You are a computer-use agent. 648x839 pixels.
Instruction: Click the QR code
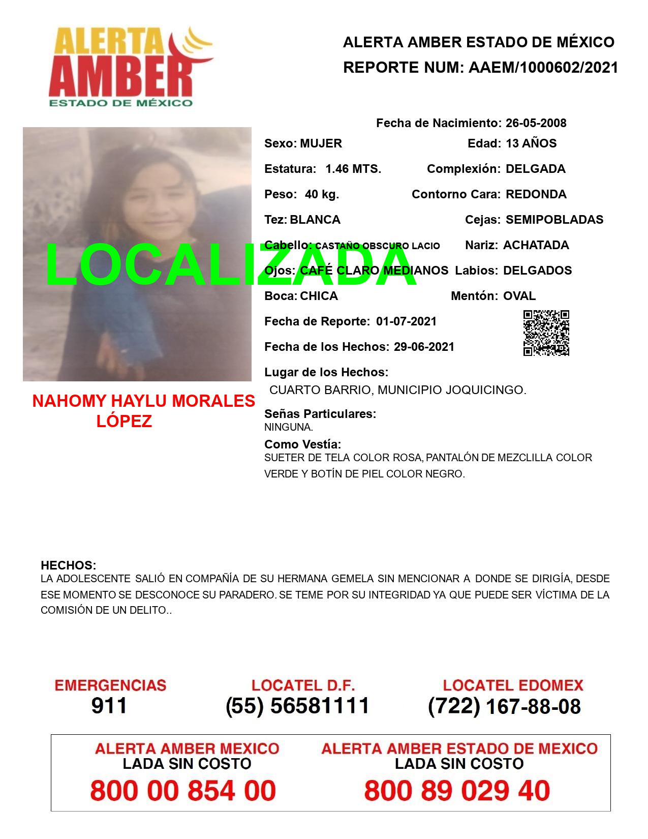(546, 333)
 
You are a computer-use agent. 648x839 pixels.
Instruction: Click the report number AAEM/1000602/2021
(543, 68)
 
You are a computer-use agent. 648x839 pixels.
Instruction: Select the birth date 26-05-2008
(536, 123)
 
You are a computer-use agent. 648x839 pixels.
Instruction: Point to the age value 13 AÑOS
(531, 143)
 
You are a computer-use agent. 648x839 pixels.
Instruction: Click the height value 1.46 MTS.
(353, 169)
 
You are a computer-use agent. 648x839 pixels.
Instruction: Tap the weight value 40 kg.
(322, 194)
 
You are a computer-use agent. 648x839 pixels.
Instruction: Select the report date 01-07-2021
(406, 321)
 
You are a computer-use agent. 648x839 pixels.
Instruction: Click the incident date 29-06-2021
(424, 347)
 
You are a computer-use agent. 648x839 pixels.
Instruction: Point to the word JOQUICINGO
(485, 390)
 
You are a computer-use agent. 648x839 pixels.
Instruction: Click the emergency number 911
(109, 706)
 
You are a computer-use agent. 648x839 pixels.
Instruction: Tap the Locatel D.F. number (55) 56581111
(297, 706)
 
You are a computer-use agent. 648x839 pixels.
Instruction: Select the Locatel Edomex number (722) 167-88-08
(504, 706)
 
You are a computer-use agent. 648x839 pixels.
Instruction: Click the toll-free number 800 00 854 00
(183, 791)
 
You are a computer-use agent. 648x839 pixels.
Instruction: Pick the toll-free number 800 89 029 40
(457, 791)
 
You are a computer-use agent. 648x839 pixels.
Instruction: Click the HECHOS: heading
(69, 565)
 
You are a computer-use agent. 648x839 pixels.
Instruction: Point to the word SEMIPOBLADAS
(554, 220)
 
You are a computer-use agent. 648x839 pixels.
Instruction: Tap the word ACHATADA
(536, 245)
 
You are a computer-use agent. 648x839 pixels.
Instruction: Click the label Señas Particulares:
(320, 414)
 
